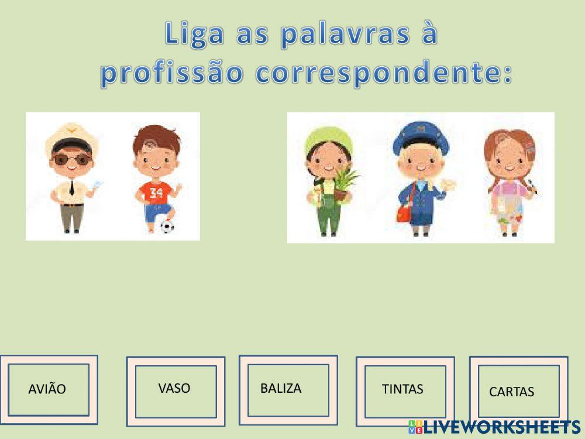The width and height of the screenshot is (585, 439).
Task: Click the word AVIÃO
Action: pyautogui.click(x=47, y=389)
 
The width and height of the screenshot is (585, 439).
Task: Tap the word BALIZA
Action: pyautogui.click(x=281, y=388)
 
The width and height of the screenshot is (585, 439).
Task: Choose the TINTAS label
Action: pyautogui.click(x=402, y=389)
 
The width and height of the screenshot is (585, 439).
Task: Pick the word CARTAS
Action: pyautogui.click(x=511, y=392)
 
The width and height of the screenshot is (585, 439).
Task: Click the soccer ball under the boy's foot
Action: pyautogui.click(x=167, y=226)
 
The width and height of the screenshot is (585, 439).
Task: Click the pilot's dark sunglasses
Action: pyautogui.click(x=69, y=159)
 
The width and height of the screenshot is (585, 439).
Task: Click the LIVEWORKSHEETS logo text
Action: pyautogui.click(x=503, y=427)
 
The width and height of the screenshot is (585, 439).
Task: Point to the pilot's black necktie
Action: pyautogui.click(x=71, y=187)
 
